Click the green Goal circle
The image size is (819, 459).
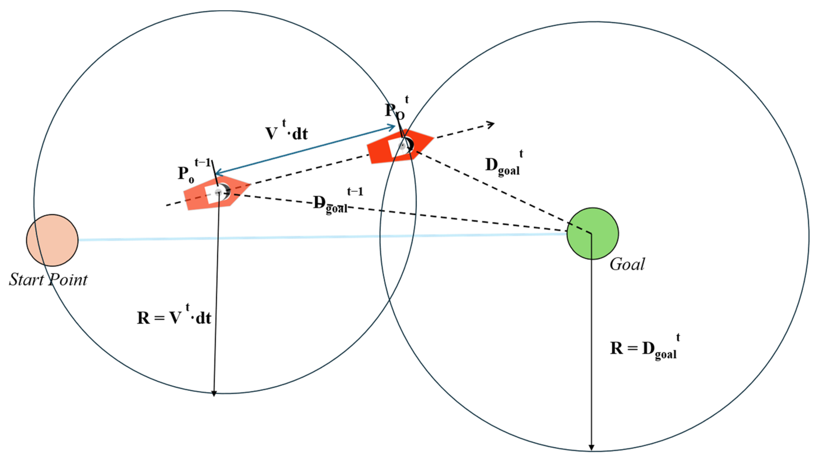(592, 234)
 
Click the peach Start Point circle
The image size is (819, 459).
(52, 240)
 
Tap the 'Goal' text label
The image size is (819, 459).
(627, 264)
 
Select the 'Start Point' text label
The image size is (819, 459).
(48, 280)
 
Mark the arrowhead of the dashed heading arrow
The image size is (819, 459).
(492, 125)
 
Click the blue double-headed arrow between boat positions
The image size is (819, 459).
(305, 150)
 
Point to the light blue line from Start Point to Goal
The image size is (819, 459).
(318, 237)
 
